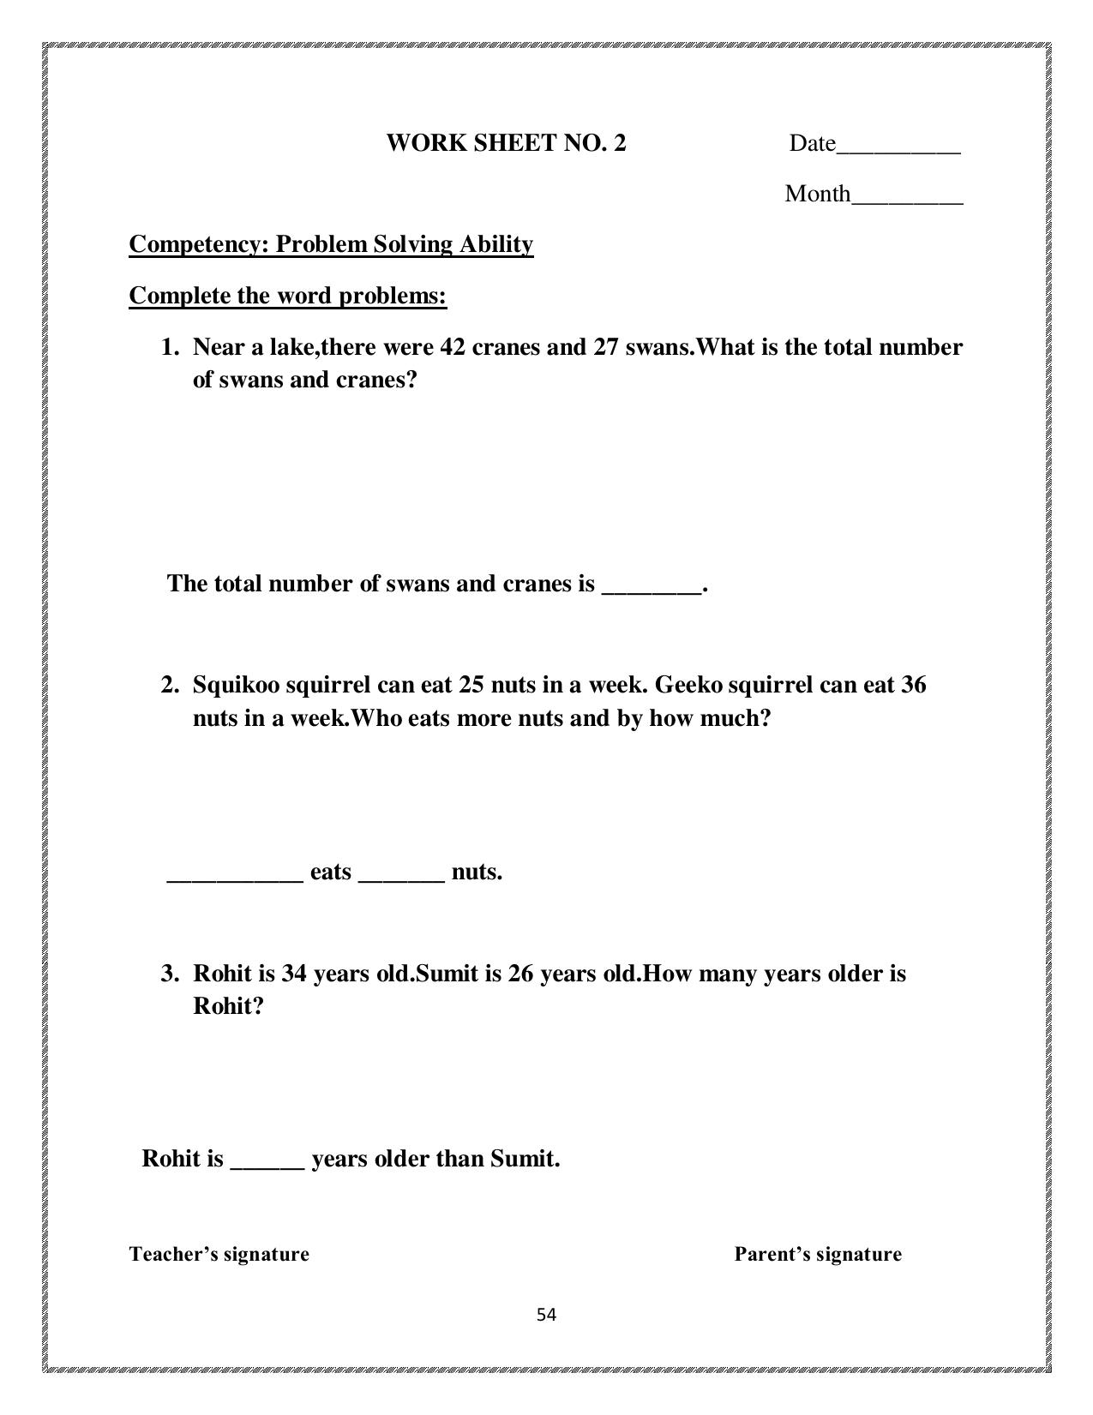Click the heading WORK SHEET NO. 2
[x=506, y=142]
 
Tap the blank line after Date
[x=898, y=149]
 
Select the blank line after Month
[x=907, y=201]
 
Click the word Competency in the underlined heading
[x=199, y=244]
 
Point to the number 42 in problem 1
[x=452, y=347]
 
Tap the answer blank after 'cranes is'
[x=652, y=590]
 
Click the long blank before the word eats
[x=235, y=878]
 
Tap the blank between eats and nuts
[x=401, y=878]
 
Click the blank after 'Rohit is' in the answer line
[x=267, y=1165]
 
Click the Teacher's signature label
[x=219, y=1254]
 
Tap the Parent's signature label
[x=818, y=1254]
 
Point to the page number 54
[x=546, y=1315]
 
